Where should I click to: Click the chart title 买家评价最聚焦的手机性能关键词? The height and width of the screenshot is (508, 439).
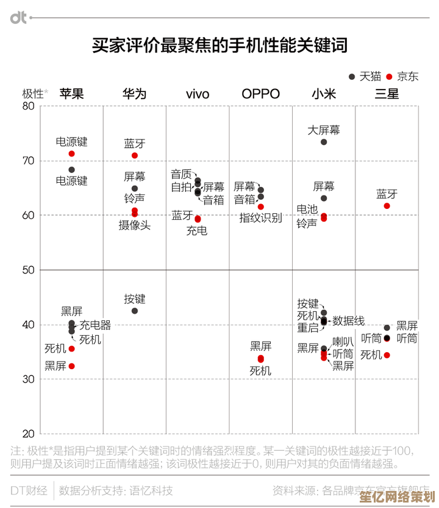click(220, 46)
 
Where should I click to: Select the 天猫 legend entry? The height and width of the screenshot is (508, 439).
click(365, 77)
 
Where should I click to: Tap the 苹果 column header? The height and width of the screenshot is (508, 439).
click(71, 94)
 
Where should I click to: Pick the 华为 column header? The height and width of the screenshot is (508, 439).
click(134, 94)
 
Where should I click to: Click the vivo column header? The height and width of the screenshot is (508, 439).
click(198, 94)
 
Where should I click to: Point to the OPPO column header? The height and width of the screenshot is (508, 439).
click(260, 94)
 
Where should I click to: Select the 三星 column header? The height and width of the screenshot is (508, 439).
click(387, 94)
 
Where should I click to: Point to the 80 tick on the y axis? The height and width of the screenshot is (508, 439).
click(28, 106)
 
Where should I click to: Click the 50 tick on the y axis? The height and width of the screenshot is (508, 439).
click(28, 270)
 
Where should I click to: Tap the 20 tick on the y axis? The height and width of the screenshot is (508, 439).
click(28, 434)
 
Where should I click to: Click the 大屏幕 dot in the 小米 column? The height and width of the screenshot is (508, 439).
click(324, 142)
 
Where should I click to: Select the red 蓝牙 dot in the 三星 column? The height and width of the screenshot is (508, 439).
click(387, 206)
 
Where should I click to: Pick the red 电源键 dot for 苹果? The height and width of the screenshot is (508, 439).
click(71, 153)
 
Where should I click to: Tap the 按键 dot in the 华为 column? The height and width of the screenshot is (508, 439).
click(135, 311)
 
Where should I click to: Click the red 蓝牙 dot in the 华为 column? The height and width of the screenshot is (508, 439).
click(135, 155)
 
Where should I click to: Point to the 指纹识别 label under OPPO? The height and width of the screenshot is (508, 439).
click(260, 218)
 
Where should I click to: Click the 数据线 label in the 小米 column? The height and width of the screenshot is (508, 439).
click(348, 320)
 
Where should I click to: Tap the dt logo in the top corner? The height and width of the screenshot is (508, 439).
click(18, 18)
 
